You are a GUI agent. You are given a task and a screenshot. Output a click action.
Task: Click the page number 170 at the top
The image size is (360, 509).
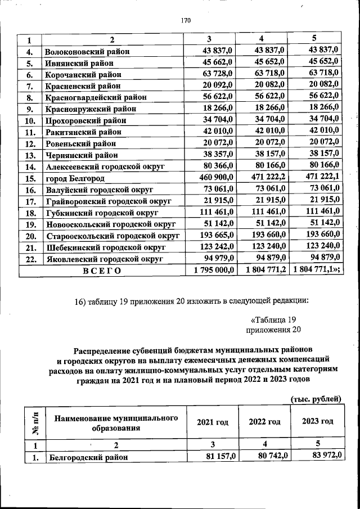tap(186, 21)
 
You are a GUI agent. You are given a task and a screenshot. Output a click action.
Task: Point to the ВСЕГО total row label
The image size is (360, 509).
tap(102, 271)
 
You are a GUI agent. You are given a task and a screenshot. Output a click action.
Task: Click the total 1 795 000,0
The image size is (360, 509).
tap(213, 271)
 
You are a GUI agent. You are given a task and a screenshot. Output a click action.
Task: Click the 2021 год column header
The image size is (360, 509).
tap(213, 422)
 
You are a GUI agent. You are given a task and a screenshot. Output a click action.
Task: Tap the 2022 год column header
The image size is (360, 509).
tap(264, 422)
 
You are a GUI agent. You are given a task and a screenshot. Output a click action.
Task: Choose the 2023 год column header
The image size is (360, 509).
tap(317, 421)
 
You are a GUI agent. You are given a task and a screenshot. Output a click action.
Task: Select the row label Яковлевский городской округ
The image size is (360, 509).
tap(104, 259)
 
